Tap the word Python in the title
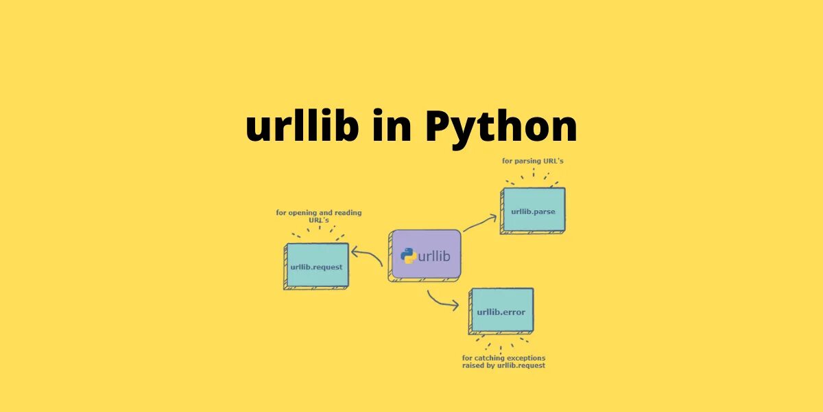click(501, 128)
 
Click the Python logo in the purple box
click(409, 256)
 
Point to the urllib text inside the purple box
click(434, 256)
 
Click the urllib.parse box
click(533, 211)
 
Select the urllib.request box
click(316, 266)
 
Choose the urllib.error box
click(501, 312)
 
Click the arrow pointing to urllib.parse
click(480, 223)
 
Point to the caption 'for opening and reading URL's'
click(318, 216)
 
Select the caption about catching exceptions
click(503, 362)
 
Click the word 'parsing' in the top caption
click(529, 161)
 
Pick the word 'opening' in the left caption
click(303, 213)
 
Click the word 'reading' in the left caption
click(346, 213)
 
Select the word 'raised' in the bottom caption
click(474, 366)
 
